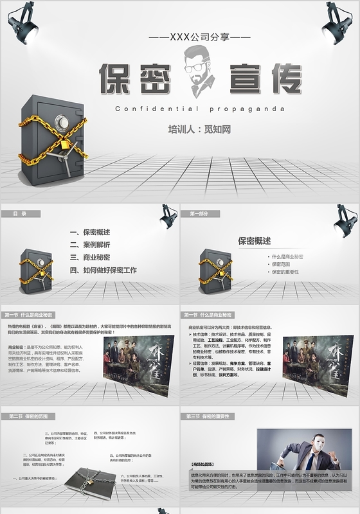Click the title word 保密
tap(135, 80)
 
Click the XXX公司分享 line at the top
tap(199, 39)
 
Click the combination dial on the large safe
tap(61, 122)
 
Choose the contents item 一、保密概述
tap(90, 232)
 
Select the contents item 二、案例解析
tap(90, 245)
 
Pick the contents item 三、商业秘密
tap(90, 258)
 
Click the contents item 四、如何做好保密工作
tap(103, 270)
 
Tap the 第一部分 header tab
tap(199, 213)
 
